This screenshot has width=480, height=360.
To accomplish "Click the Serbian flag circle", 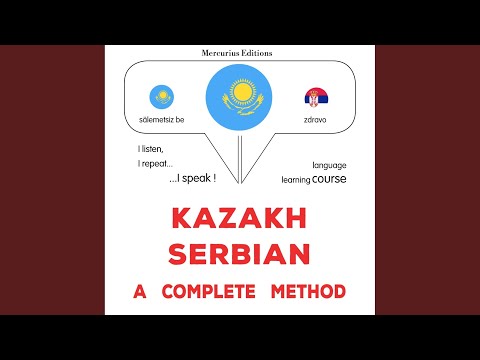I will pos(316,98).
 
